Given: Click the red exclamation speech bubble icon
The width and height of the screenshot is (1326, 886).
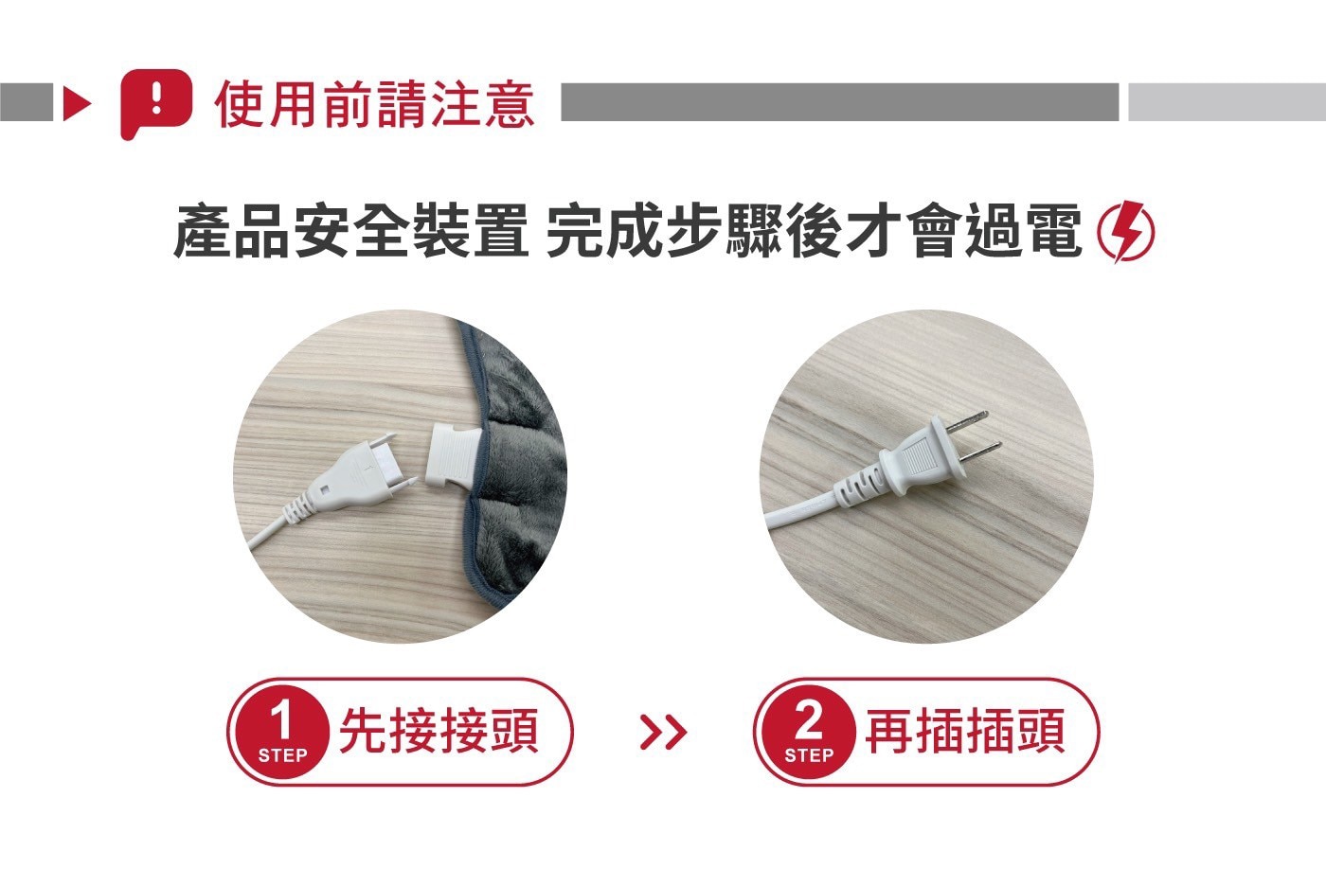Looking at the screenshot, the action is click(155, 104).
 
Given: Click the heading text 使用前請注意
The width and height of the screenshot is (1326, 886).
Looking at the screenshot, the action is click(375, 105).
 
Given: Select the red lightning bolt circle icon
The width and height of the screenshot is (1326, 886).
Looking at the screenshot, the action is click(1125, 231).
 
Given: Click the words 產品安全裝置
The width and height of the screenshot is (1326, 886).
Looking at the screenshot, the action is click(351, 231).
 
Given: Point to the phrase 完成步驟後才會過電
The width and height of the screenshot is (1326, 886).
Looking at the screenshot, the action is click(813, 231).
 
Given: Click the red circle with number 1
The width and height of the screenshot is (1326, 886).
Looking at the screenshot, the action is click(282, 732).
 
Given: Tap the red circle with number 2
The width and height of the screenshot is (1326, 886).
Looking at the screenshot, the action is click(809, 732).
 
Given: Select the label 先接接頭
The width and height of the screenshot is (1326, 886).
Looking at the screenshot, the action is click(439, 731).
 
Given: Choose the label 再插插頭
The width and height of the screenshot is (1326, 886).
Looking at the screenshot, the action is click(965, 731).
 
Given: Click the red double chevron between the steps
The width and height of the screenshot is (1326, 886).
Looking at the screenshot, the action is click(664, 733).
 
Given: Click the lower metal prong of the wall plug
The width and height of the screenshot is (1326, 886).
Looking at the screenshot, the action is click(979, 452).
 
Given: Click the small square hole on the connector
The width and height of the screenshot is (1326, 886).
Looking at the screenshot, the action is click(325, 490).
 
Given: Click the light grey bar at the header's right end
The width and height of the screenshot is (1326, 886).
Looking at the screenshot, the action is click(1227, 102).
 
